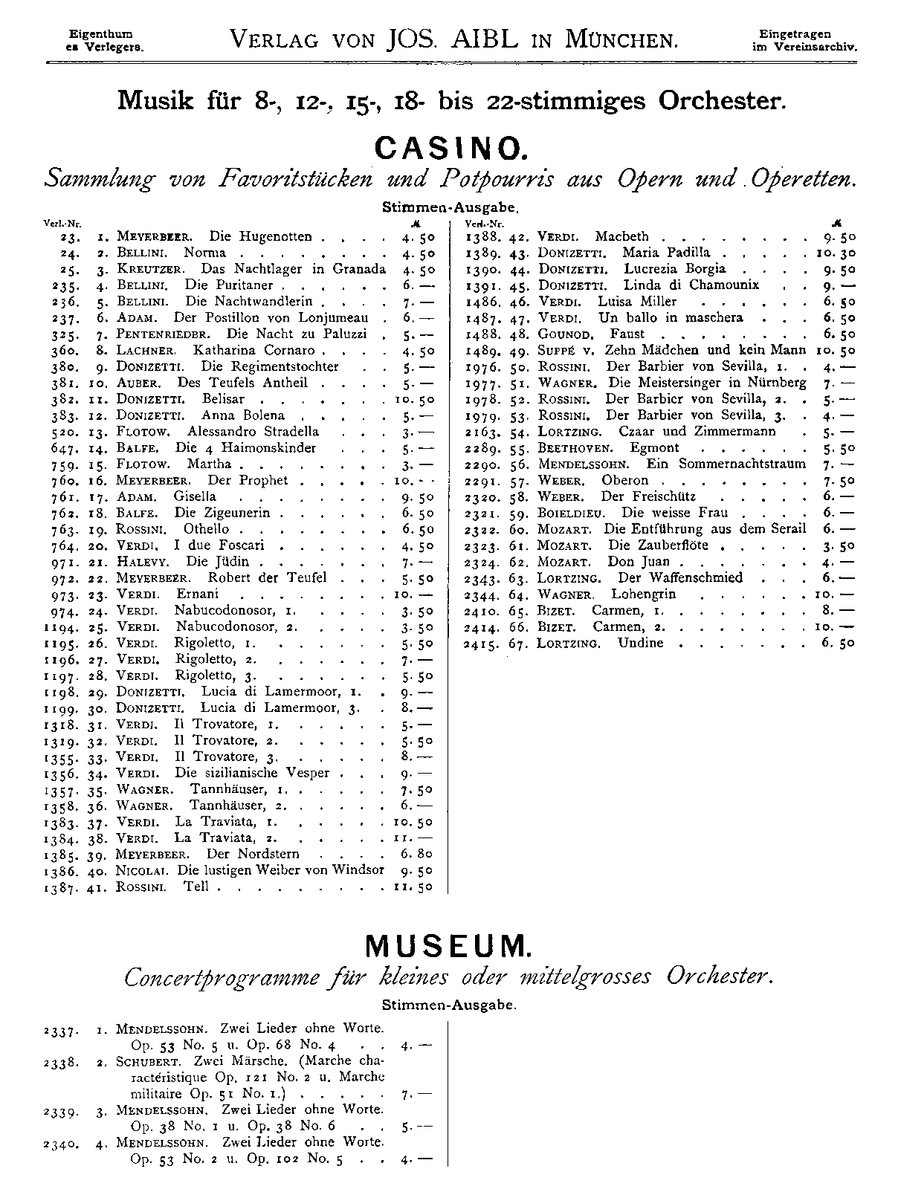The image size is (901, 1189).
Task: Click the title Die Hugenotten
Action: (260, 237)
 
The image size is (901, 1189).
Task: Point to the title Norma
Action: (204, 253)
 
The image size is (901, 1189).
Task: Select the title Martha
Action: (208, 464)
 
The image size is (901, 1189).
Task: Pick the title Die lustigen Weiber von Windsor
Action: (290, 870)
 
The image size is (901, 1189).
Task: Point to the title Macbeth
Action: (621, 237)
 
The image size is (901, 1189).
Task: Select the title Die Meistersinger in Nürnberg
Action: (707, 383)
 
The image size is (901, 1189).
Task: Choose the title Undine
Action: (640, 644)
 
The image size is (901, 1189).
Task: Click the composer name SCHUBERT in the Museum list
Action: (150, 1062)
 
